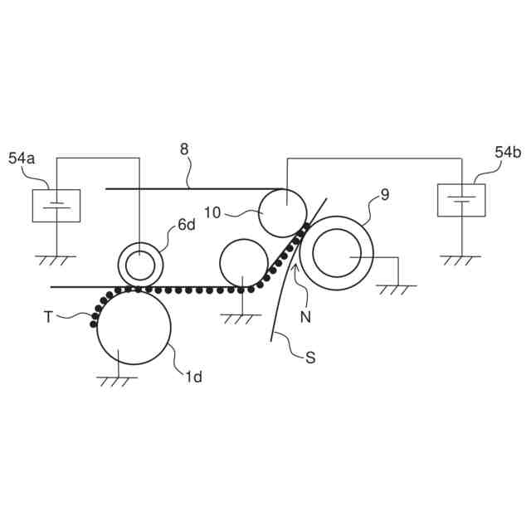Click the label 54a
point(22,158)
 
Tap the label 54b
point(508,152)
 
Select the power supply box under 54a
point(56,205)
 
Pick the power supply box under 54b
point(461,200)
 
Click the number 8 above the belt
point(184,149)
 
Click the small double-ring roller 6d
point(140,265)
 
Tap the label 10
point(212,212)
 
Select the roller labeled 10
point(284,212)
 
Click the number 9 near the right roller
point(384,195)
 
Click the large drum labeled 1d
point(134,328)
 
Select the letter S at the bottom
point(310,358)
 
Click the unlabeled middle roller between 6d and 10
point(244,262)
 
